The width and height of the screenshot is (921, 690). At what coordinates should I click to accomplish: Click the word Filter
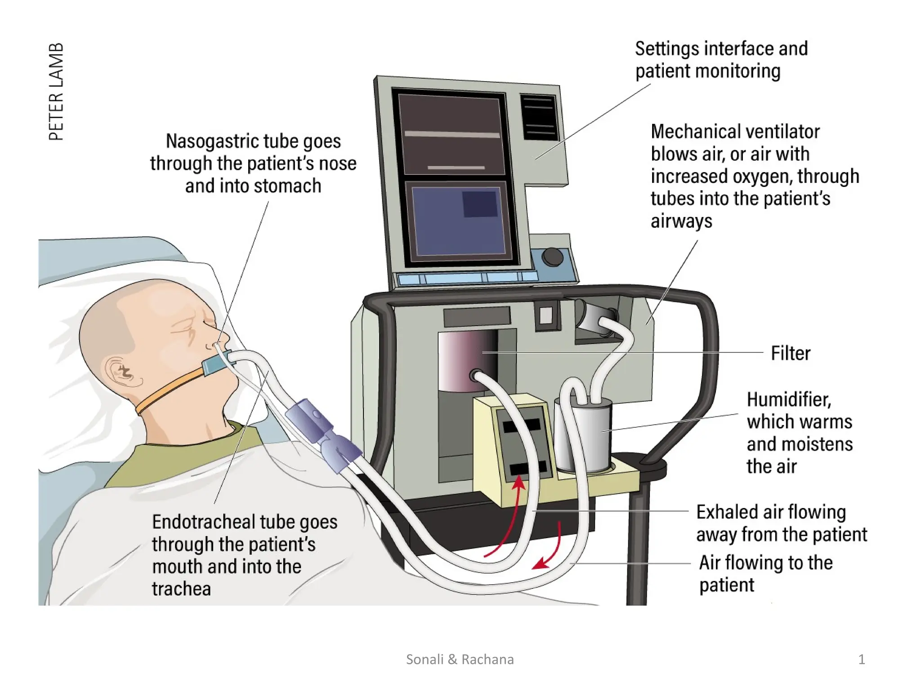[790, 354]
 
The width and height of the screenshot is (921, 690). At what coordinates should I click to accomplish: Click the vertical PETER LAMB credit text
[56, 92]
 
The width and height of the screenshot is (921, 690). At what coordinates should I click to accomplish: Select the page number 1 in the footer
[861, 659]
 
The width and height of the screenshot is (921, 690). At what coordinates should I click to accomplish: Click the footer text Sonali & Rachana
[460, 659]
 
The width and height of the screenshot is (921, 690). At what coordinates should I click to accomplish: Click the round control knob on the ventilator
[552, 257]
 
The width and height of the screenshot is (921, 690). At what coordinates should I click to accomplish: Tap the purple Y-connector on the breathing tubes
[324, 433]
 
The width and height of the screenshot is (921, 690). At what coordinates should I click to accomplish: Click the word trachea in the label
[181, 589]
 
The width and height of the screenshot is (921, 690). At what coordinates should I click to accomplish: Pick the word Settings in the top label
[667, 49]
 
